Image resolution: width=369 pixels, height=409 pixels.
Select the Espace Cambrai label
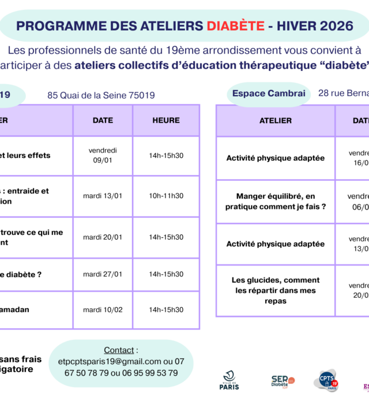[x=269, y=93]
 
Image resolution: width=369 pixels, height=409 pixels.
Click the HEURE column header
[x=166, y=120]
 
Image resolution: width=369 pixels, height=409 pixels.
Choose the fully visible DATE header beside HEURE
[x=103, y=120]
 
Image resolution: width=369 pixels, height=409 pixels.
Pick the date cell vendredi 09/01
[x=103, y=156]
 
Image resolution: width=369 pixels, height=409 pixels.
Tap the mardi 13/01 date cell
[x=103, y=196]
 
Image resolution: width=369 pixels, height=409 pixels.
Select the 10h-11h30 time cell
[x=166, y=196]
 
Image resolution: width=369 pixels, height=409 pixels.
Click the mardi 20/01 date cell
[x=103, y=237]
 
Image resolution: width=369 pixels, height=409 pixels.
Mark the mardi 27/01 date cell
[x=103, y=274]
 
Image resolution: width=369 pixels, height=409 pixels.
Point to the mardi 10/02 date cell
[x=103, y=310]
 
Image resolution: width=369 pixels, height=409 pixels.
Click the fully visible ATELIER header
[x=276, y=120]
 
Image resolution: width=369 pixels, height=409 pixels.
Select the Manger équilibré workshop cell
[x=276, y=201]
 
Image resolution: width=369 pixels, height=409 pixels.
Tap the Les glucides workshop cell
[x=276, y=290]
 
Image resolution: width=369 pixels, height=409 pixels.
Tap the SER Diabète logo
[x=283, y=381]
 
